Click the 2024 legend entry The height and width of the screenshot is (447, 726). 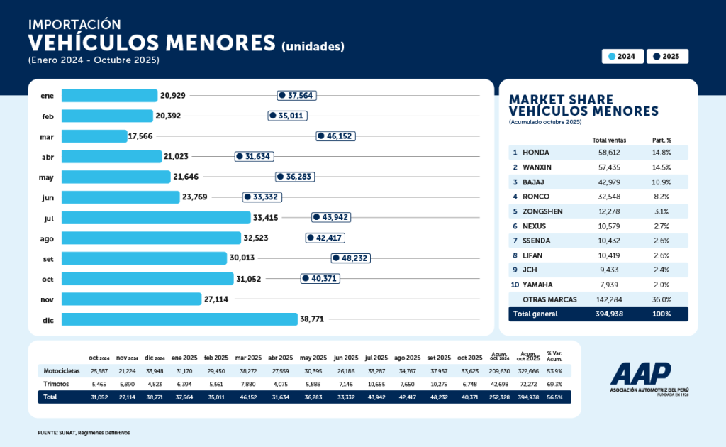coord(622,56)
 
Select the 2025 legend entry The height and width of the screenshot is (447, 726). coord(667,56)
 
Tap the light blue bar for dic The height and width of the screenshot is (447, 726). coord(179,319)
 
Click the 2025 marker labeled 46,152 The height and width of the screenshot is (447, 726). coord(335,136)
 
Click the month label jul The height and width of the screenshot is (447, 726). coord(48,218)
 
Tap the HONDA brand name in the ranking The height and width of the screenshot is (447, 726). coord(535,152)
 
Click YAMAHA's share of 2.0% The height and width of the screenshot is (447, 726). coord(661,285)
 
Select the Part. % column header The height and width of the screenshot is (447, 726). coord(661,140)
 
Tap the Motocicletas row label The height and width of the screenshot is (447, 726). coord(61,370)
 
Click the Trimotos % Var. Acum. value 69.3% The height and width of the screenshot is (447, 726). coord(554,384)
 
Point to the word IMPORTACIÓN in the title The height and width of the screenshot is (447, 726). coord(74,25)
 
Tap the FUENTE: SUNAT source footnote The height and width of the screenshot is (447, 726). coord(84,432)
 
